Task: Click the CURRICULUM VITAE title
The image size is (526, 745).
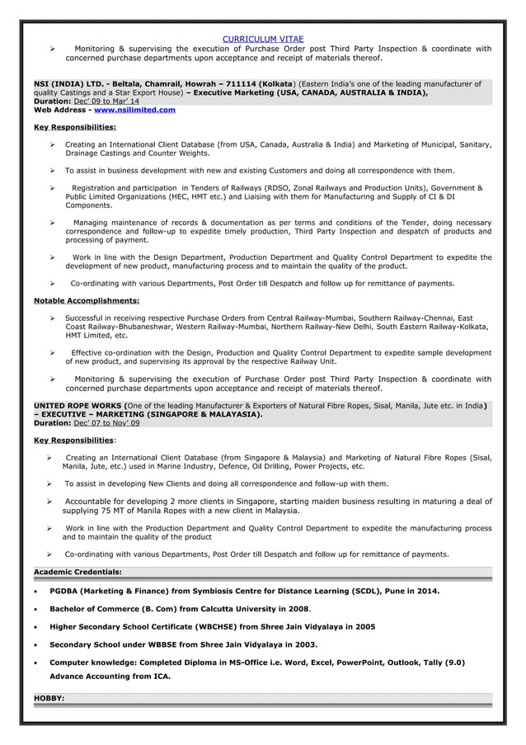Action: click(263, 39)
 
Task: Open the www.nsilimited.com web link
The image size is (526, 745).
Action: click(134, 110)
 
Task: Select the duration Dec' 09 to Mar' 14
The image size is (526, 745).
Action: click(106, 101)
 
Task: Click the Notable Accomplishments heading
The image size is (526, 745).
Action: click(86, 301)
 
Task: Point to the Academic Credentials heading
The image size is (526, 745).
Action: click(77, 572)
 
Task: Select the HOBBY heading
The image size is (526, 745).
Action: click(49, 698)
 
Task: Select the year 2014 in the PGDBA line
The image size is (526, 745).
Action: click(428, 592)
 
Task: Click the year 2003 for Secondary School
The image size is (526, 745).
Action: click(303, 644)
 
